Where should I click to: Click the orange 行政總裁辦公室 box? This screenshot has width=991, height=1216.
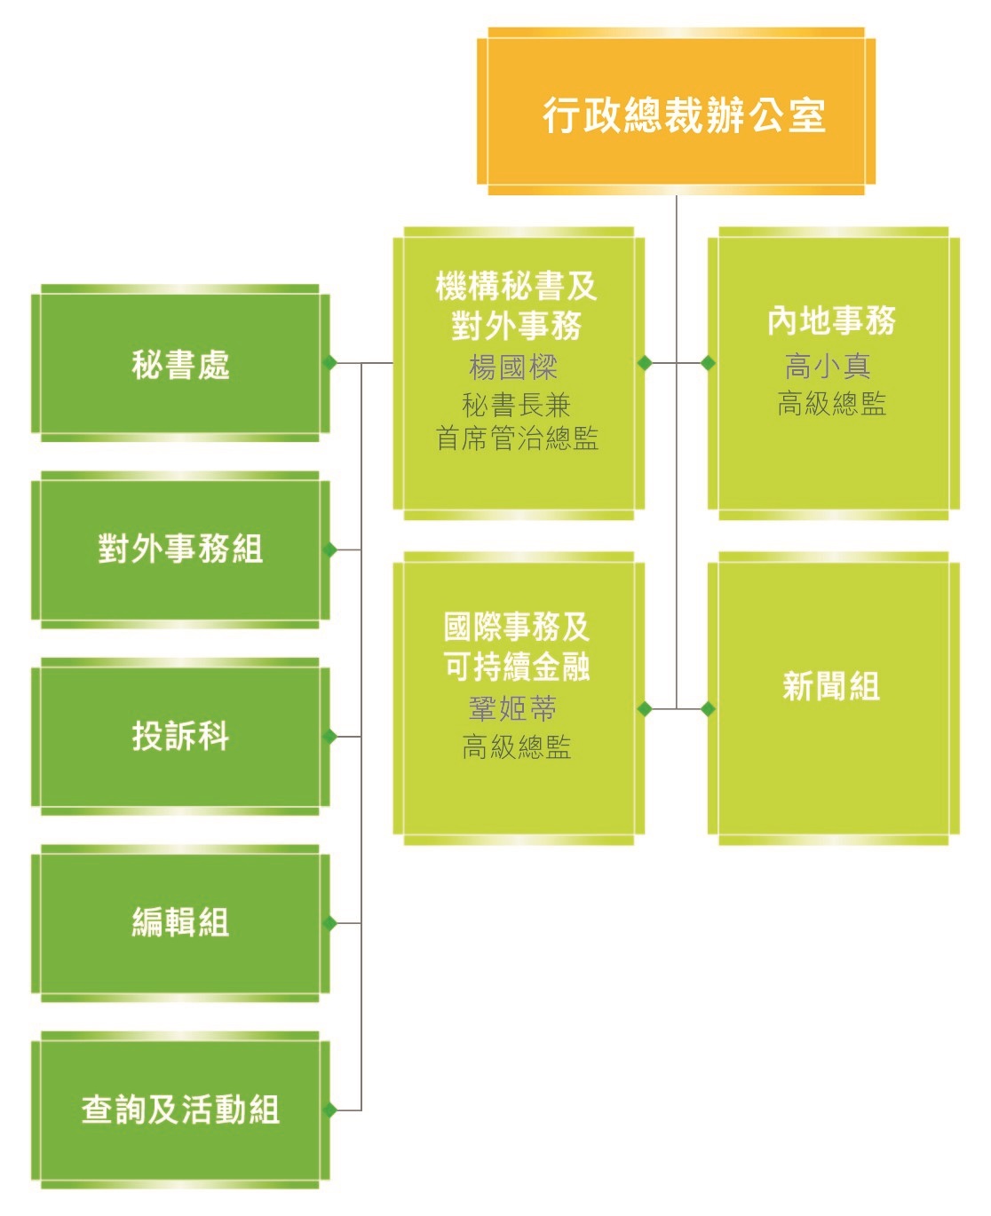pos(676,113)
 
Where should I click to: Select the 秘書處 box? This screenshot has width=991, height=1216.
pos(180,364)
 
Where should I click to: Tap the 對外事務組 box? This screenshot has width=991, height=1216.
pos(180,549)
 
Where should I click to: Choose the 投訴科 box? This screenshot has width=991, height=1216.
pos(180,736)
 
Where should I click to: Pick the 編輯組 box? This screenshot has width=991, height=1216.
pos(180,922)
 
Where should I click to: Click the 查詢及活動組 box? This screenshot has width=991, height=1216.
pos(180,1109)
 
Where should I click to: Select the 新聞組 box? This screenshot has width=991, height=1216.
pos(831,686)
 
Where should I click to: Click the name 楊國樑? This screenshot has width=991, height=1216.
pos(514,367)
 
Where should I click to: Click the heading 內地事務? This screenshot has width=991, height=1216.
pos(831,320)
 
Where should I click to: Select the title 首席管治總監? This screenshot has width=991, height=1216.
pos(517,438)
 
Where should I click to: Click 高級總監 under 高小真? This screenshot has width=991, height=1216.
pos(831,404)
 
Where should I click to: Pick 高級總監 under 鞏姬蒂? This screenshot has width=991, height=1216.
pos(517,747)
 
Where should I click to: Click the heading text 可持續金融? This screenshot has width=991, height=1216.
pos(517,666)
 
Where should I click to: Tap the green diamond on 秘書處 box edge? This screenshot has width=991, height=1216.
pos(329,362)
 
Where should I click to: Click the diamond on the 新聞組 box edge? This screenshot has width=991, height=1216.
pos(708,708)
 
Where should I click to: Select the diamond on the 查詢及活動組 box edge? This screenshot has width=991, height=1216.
pos(329,1109)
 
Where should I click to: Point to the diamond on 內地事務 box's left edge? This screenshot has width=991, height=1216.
pos(708,363)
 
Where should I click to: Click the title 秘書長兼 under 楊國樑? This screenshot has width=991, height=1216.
pos(517,406)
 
